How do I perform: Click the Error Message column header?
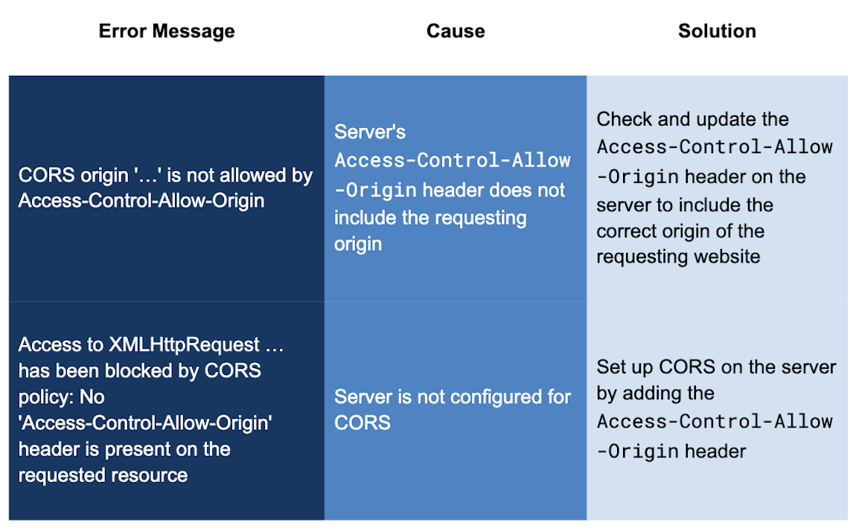pyautogui.click(x=167, y=31)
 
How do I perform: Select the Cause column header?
pyautogui.click(x=456, y=31)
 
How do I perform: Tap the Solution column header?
pyautogui.click(x=717, y=31)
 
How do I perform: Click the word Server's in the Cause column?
pyautogui.click(x=370, y=132)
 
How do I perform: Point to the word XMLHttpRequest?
pyautogui.click(x=185, y=345)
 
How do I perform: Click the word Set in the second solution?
pyautogui.click(x=609, y=367)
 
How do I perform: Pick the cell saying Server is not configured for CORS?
pyautogui.click(x=453, y=410)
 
